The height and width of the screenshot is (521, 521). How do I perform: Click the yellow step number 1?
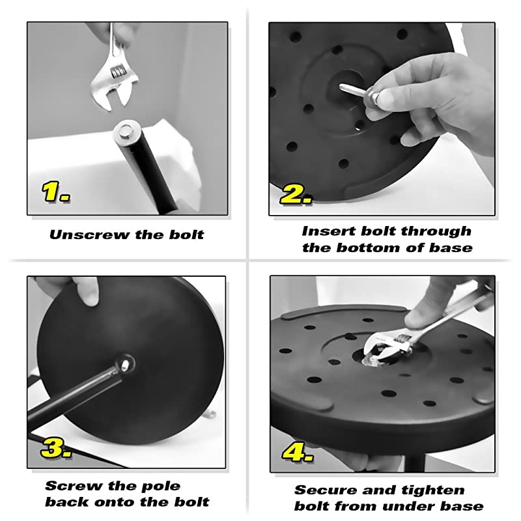pyautogui.click(x=55, y=191)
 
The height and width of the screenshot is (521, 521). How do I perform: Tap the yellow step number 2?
pyautogui.click(x=296, y=194)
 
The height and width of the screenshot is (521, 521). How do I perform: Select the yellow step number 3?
pyautogui.click(x=55, y=447)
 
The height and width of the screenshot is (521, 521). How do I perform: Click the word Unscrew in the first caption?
pyautogui.click(x=89, y=234)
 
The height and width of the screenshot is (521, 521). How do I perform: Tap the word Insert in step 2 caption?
pyautogui.click(x=328, y=231)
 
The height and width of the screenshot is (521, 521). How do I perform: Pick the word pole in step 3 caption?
pyautogui.click(x=161, y=486)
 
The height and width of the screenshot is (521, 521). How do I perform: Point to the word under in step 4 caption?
pyautogui.click(x=409, y=506)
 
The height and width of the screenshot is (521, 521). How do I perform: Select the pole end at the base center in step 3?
pyautogui.click(x=125, y=365)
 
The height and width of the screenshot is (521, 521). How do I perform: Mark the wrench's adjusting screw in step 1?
pyautogui.click(x=118, y=72)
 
